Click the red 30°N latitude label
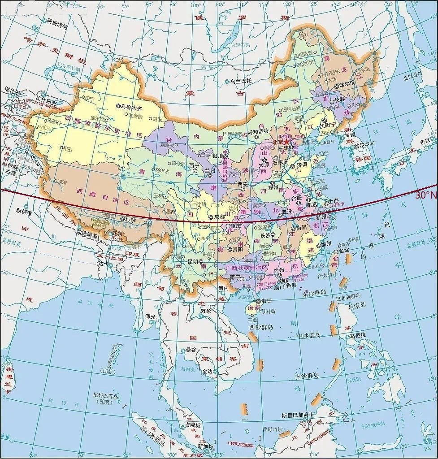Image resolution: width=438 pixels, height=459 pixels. (425, 195)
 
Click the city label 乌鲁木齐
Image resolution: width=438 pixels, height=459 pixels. (132, 107)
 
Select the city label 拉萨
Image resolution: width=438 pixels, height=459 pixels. (130, 220)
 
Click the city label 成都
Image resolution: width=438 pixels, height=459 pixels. (219, 217)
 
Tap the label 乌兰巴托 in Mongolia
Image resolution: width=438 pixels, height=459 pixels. (242, 81)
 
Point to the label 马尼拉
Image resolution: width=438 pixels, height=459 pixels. (358, 335)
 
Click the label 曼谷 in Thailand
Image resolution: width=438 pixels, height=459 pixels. (191, 350)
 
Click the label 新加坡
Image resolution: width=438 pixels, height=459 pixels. (205, 446)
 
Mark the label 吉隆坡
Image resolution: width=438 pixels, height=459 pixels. (193, 424)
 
